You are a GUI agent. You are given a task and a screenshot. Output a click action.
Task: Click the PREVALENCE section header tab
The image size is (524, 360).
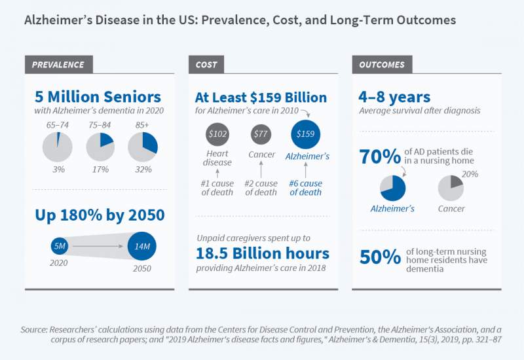58,64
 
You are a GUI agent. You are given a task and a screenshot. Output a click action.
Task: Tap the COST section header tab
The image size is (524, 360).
207,64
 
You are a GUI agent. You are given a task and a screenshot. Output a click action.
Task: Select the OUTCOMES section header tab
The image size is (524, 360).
382,64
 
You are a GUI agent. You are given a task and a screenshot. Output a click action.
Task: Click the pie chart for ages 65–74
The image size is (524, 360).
58,147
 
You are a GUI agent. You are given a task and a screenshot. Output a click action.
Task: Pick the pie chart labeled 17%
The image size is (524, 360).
101,147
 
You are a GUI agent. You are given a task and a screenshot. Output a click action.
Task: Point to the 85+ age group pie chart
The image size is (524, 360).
142,147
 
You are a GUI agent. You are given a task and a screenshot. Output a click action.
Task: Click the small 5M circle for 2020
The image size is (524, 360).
60,247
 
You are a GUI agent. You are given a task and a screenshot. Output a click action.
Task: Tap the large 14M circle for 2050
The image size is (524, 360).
141,247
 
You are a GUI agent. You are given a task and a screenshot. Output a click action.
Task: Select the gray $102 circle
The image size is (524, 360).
217,135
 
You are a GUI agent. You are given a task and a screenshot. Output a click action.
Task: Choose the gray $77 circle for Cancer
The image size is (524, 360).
262,135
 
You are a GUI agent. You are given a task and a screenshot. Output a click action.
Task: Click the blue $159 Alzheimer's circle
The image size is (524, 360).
305,134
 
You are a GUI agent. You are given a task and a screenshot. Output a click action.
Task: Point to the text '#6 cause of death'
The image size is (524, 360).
305,188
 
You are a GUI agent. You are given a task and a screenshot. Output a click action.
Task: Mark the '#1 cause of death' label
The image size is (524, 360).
217,188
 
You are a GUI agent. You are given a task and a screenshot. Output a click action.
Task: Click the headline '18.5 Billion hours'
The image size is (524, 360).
262,253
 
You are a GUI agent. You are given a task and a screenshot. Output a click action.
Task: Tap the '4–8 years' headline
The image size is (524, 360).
395,97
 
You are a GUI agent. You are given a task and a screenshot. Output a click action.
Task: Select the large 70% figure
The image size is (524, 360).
380,157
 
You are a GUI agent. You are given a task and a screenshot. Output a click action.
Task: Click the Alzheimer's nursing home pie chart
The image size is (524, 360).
393,188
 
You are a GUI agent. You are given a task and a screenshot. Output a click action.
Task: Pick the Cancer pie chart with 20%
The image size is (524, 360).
451,188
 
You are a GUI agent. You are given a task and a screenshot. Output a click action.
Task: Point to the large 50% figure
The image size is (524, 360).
380,257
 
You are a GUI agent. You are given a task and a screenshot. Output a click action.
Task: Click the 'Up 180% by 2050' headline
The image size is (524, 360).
99,215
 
